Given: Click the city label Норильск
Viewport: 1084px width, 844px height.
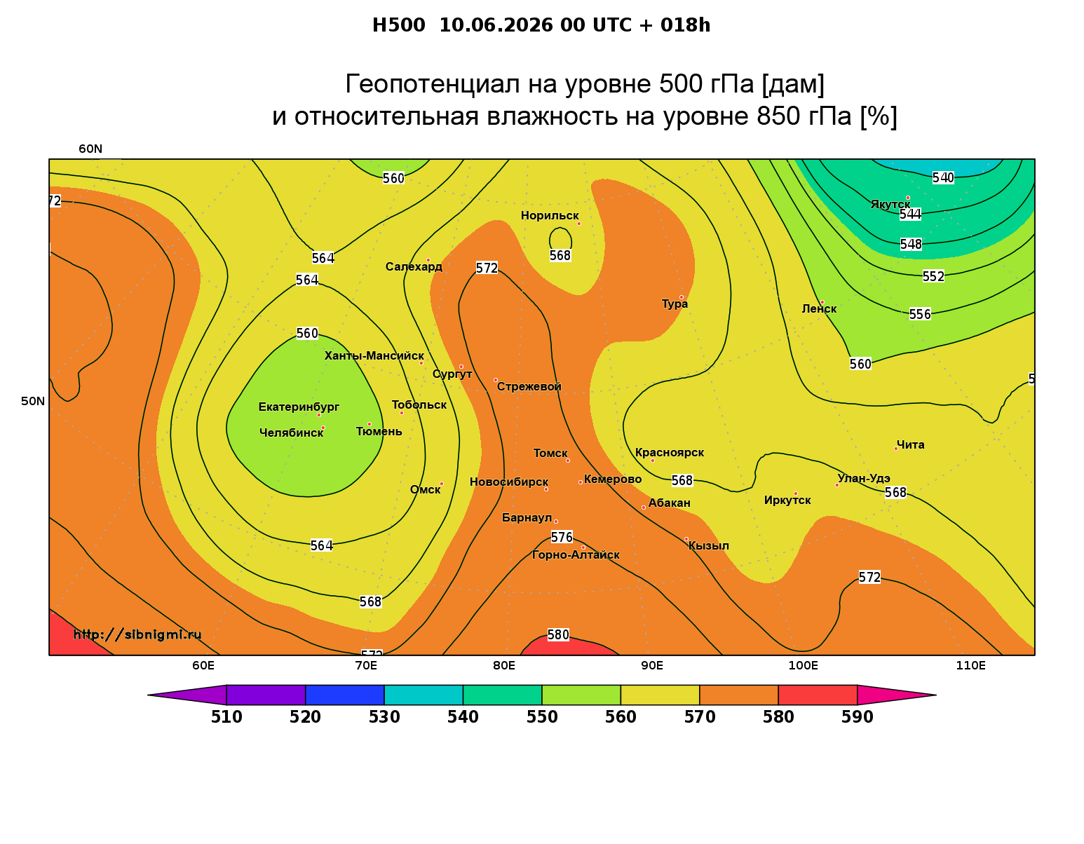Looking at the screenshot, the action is [x=549, y=215].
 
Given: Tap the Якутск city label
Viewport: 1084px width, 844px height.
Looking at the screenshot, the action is [x=890, y=204].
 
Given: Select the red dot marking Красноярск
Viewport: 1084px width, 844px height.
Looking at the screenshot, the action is [x=653, y=461].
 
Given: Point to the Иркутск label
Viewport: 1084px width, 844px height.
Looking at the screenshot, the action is [x=787, y=500].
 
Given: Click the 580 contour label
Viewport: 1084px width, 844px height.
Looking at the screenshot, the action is [x=558, y=634].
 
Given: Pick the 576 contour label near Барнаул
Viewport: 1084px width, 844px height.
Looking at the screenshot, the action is [x=562, y=537].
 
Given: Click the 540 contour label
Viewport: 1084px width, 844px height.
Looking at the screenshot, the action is [x=943, y=177].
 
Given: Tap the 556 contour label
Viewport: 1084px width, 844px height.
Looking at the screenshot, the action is [x=920, y=314].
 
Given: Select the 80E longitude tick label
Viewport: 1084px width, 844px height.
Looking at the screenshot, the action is [x=504, y=665].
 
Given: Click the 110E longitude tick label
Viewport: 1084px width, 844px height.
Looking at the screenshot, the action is [x=970, y=665].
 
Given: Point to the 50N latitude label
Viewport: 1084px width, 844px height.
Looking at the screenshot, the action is [x=33, y=401].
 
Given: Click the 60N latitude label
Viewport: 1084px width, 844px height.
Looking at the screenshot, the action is [x=90, y=149].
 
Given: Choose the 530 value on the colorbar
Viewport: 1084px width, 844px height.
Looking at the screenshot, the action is [x=384, y=717].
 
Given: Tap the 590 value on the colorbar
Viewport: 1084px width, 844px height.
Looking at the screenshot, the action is [x=857, y=717].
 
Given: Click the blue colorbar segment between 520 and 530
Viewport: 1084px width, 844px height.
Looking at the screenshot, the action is [x=345, y=695].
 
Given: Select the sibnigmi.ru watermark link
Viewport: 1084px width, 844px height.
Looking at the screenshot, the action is [x=137, y=634].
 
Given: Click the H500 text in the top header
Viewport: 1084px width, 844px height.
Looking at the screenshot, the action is [x=398, y=25].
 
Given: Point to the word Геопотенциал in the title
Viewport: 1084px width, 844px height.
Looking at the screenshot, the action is [x=432, y=83].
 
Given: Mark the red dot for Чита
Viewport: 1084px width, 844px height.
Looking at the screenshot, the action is [x=896, y=449].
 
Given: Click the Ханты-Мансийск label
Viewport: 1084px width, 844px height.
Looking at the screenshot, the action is [x=374, y=355].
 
